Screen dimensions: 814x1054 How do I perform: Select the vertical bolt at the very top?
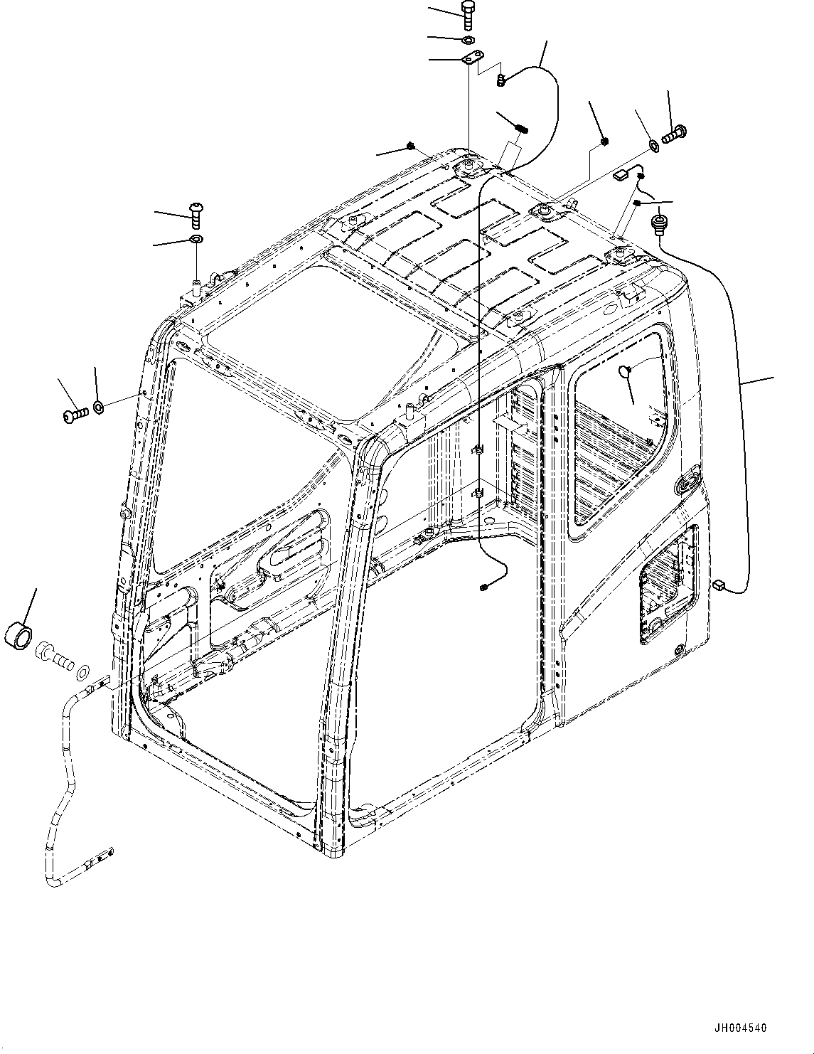467,14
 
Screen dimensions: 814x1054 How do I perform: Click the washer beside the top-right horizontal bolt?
653,147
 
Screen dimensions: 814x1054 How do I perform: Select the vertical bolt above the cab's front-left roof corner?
196,211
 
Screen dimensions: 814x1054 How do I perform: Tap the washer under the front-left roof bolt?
196,238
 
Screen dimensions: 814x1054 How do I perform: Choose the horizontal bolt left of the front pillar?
74,411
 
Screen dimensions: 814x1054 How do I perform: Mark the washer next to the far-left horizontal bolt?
99,407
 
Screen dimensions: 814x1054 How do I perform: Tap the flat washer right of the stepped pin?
83,671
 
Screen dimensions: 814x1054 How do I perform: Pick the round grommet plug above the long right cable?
659,224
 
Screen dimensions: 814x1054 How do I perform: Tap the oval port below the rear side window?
686,484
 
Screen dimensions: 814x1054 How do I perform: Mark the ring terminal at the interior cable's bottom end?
483,587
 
